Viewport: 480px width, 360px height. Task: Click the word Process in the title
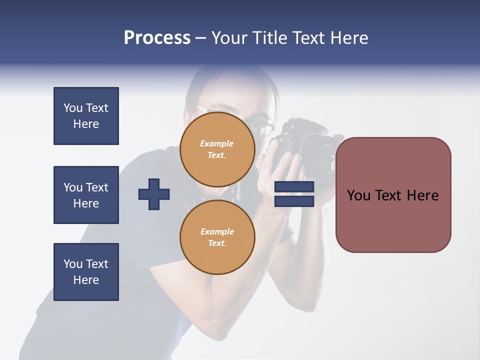[157, 38]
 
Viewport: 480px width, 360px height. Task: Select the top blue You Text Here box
[86, 116]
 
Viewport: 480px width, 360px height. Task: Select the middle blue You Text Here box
[86, 195]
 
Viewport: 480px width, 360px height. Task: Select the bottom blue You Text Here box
[86, 272]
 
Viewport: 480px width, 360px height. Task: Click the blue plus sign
[154, 194]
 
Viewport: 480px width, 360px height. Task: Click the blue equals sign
[294, 194]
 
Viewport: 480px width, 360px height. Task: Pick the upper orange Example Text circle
[217, 149]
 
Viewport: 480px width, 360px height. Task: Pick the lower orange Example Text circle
[217, 237]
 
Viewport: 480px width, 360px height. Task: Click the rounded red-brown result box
[393, 195]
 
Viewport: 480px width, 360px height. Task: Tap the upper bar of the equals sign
[294, 187]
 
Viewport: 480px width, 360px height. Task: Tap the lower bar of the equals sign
[294, 201]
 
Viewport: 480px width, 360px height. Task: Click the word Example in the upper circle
[217, 144]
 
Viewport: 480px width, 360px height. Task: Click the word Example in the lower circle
[217, 232]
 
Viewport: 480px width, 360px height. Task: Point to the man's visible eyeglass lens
[265, 128]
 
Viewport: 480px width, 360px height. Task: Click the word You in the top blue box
[72, 108]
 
